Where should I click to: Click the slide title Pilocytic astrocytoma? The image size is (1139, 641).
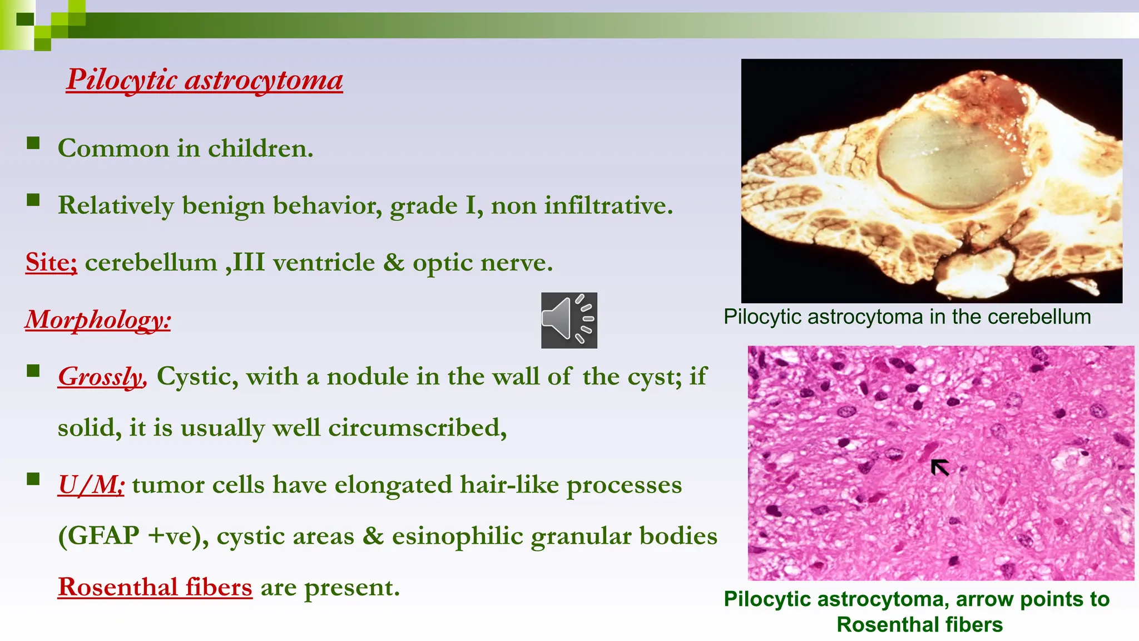tap(205, 80)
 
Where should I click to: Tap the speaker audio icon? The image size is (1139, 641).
tap(569, 320)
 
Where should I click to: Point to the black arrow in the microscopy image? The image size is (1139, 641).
tap(940, 467)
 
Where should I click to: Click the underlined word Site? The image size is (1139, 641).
tap(51, 263)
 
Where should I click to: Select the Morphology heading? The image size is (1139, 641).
tap(98, 320)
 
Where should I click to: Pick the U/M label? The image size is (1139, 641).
tap(91, 485)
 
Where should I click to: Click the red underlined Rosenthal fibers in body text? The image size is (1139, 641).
tap(155, 587)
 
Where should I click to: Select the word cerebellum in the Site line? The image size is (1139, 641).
tap(151, 263)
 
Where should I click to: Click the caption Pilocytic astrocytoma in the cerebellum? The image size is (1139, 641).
tap(907, 317)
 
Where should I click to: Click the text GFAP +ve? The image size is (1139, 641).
tap(132, 536)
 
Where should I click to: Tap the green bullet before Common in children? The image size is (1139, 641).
tap(33, 144)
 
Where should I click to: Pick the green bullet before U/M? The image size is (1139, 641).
tap(33, 479)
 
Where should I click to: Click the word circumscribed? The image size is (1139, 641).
tap(417, 428)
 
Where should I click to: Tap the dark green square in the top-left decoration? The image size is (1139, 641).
tap(25, 19)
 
